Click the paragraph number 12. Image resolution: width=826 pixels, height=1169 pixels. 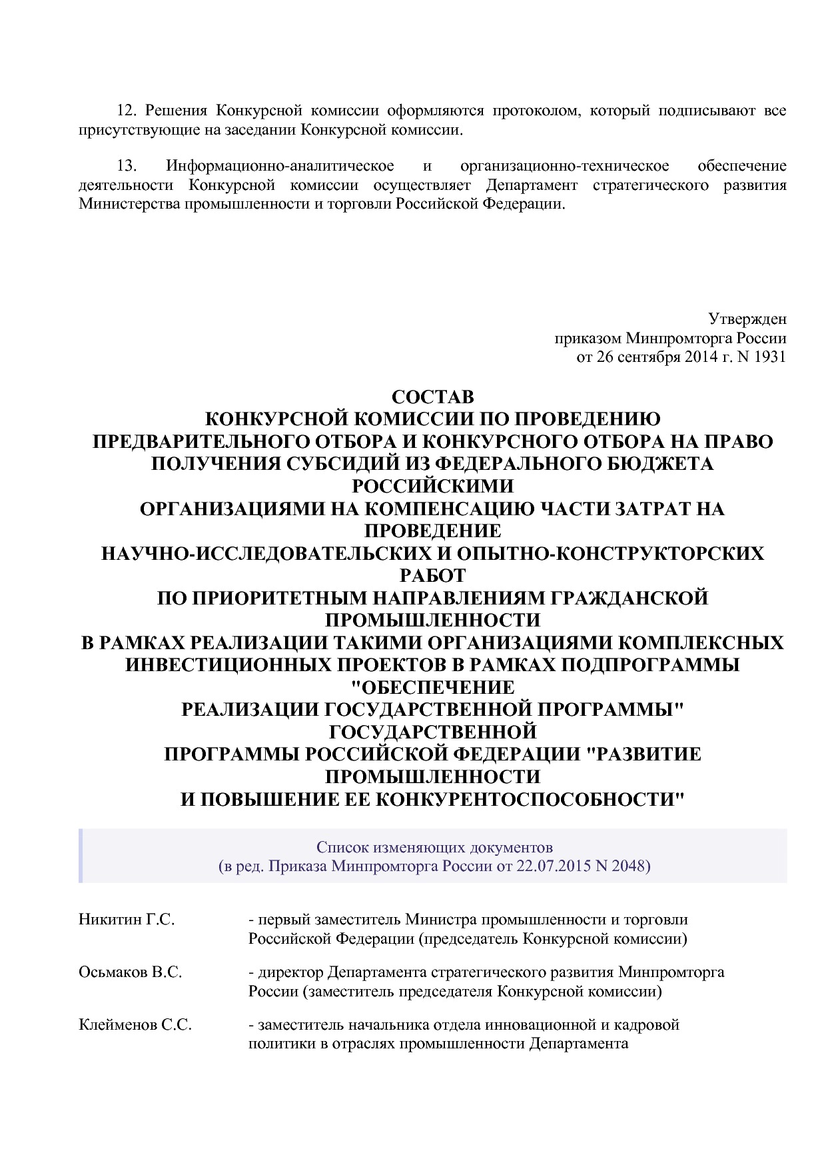coord(127,111)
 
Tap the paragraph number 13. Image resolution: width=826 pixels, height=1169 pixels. coord(127,165)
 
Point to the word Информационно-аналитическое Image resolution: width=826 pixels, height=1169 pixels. coord(280,165)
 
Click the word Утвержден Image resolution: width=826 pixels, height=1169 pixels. coord(747,319)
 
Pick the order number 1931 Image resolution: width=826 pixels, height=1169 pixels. coord(771,357)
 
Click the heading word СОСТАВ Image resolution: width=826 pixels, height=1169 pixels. coord(433,397)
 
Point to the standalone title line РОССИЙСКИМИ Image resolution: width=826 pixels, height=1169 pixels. coord(433,486)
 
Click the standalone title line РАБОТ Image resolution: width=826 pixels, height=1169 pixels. coord(433,575)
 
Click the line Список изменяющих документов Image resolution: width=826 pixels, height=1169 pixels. coord(434,847)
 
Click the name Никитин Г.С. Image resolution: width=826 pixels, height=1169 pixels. coord(127,920)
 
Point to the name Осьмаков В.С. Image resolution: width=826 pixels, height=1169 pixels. coord(130,972)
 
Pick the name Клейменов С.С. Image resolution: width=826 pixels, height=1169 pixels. coord(135,1024)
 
